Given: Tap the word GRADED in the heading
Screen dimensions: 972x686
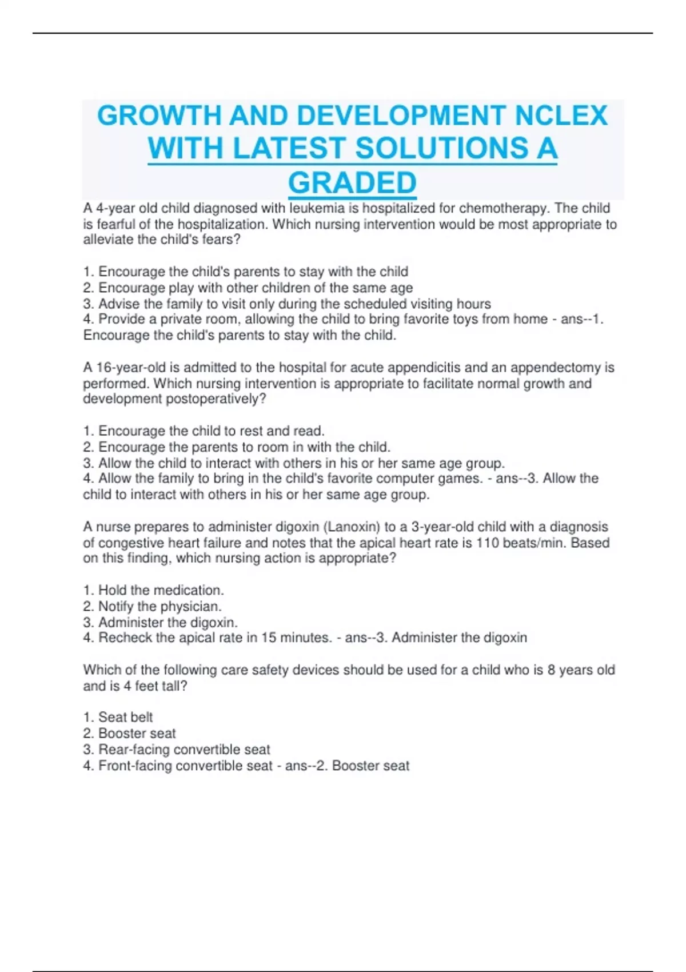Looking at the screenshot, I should [352, 183].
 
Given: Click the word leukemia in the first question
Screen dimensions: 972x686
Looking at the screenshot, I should [317, 208].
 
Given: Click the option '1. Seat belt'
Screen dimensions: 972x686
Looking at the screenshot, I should [118, 717].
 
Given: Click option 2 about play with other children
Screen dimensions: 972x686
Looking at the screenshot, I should [248, 288].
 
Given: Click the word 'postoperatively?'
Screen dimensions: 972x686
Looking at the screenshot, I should [216, 399].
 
